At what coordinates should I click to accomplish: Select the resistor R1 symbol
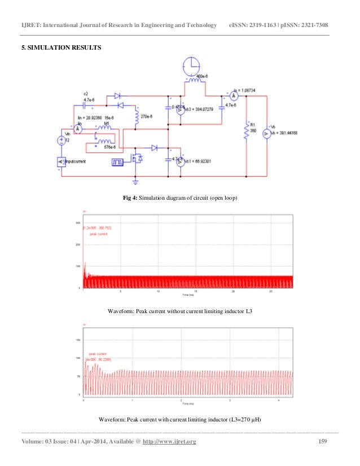click(246, 131)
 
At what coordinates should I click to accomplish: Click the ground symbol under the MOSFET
click(135, 181)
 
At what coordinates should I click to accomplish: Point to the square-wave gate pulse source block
click(117, 162)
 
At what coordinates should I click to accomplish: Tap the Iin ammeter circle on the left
click(79, 129)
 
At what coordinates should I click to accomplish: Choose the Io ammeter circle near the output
click(235, 96)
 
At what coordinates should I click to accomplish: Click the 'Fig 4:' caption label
click(131, 199)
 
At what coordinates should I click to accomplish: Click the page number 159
click(323, 441)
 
